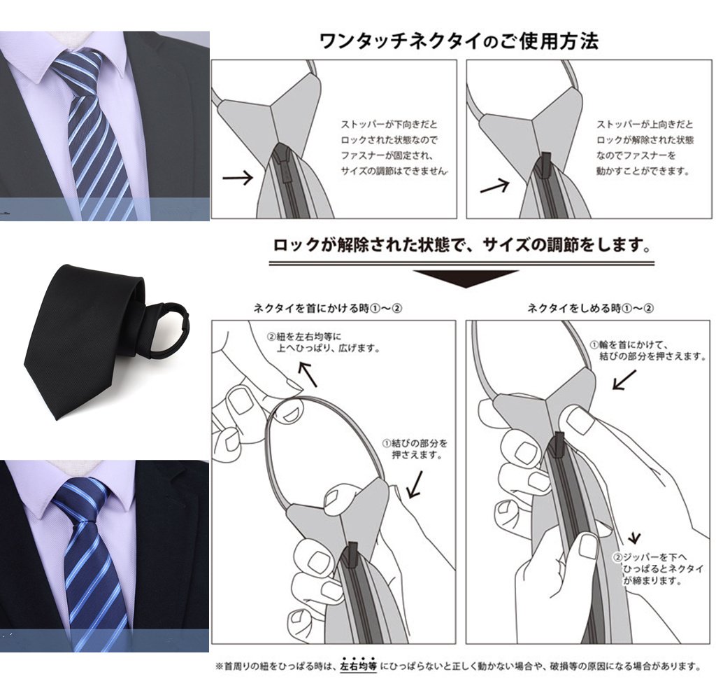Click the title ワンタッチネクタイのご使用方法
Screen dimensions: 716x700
tap(459, 41)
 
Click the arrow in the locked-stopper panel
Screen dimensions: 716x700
tap(238, 177)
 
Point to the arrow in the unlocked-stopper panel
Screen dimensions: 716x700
tap(494, 186)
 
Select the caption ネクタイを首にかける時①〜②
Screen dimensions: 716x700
tap(328, 308)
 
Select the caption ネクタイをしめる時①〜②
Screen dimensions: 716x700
tap(590, 308)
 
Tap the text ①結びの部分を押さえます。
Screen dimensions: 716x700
tap(415, 449)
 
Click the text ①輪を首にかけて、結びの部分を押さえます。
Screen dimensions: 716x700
tap(648, 350)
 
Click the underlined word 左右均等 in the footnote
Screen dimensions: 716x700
tap(359, 666)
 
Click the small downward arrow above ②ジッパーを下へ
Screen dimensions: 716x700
tap(634, 538)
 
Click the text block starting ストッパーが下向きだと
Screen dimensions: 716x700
tap(393, 148)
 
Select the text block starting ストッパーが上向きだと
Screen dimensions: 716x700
tap(645, 148)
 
